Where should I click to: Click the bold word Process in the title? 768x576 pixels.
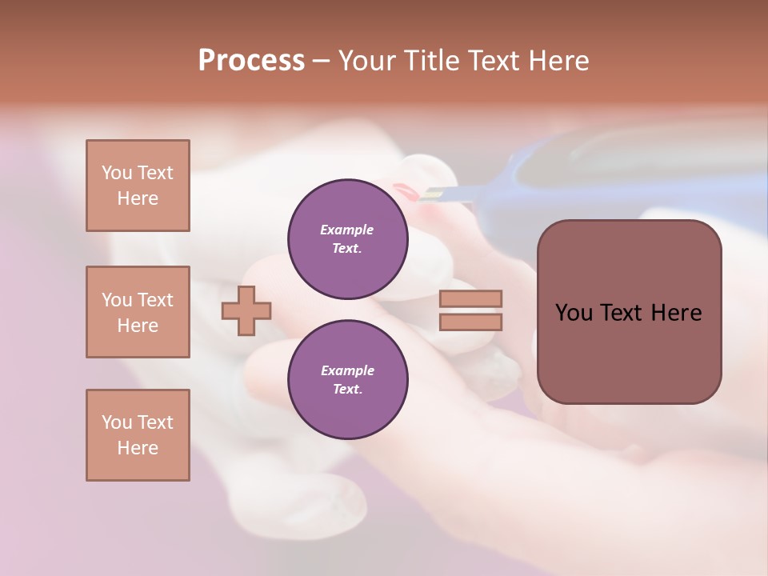251,61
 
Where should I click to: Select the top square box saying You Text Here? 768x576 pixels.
138,186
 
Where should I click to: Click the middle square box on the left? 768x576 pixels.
138,312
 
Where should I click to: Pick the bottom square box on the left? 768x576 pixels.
138,435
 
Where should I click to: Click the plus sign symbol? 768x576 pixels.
246,310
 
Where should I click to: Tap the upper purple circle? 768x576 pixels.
347,238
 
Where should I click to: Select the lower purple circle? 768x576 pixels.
347,379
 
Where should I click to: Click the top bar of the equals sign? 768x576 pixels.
470,298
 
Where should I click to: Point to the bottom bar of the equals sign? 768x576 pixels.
470,322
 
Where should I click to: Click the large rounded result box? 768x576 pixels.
629,312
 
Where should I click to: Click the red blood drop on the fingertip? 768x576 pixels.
405,192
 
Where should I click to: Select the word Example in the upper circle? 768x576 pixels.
347,230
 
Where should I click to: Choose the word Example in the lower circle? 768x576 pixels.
347,370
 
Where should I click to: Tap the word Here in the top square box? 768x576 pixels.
138,198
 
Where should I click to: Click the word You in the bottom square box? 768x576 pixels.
116,422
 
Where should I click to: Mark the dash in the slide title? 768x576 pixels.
321,62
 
